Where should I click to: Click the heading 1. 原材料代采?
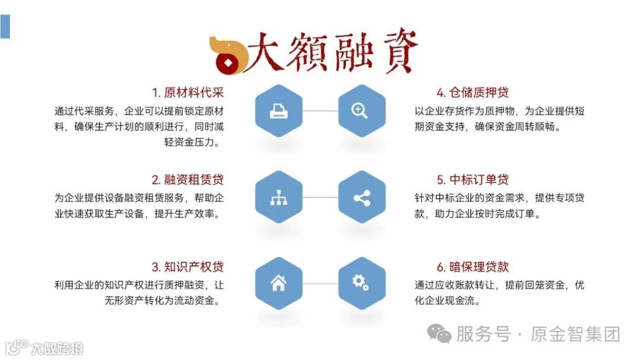pyautogui.click(x=188, y=93)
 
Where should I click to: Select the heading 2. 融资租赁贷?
pyautogui.click(x=188, y=180)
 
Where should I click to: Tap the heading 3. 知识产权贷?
pyautogui.click(x=188, y=267)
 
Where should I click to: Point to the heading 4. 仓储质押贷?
pyautogui.click(x=472, y=93)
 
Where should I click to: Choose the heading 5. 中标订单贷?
pyautogui.click(x=472, y=180)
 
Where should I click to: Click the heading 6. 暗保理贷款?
pyautogui.click(x=472, y=267)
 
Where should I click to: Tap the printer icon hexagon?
pyautogui.click(x=278, y=111)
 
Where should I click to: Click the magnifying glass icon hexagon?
pyautogui.click(x=361, y=111)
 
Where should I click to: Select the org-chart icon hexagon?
pyautogui.click(x=278, y=197)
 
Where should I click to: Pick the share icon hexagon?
pyautogui.click(x=361, y=197)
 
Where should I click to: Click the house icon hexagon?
pyautogui.click(x=278, y=283)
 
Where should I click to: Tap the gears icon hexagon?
pyautogui.click(x=361, y=283)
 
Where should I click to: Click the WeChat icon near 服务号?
pyautogui.click(x=439, y=333)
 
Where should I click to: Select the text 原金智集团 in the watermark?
pyautogui.click(x=576, y=334)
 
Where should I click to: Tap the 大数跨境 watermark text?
pyautogui.click(x=57, y=348)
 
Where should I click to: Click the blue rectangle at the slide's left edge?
pyautogui.click(x=5, y=27)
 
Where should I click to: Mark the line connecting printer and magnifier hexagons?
pyautogui.click(x=320, y=111)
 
